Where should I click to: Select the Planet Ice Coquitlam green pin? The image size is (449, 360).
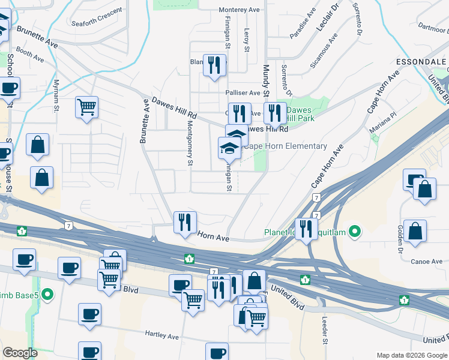tap(355, 230)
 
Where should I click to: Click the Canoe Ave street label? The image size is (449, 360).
tap(427, 262)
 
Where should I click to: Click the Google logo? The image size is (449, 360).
tap(20, 353)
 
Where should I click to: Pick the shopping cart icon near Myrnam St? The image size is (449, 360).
tap(87, 108)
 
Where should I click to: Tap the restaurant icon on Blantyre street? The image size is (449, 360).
tap(214, 64)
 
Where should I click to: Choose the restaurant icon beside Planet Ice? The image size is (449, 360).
tap(307, 228)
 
